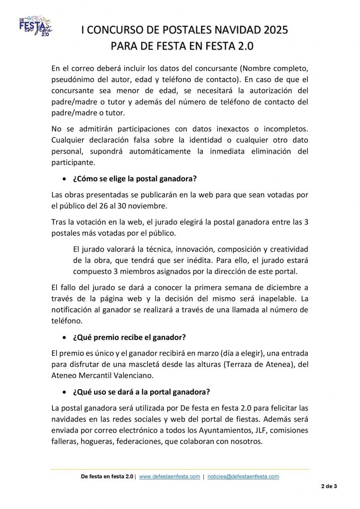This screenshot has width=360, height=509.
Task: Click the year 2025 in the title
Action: (x=271, y=30)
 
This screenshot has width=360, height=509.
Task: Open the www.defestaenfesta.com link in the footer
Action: (x=169, y=476)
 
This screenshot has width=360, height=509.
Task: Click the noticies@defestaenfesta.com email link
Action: (x=243, y=476)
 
